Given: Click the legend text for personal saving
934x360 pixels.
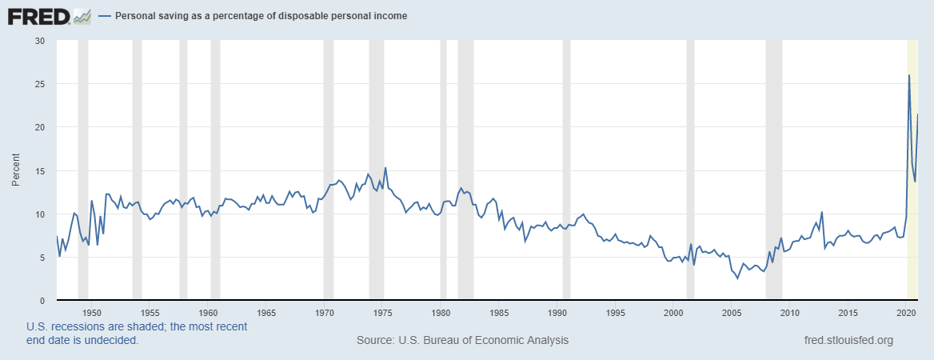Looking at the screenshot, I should point(261,16).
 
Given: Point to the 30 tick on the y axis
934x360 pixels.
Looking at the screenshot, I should point(40,41).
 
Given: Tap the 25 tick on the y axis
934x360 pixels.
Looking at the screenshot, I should point(40,84).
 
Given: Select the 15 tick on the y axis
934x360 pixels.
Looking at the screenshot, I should point(40,171).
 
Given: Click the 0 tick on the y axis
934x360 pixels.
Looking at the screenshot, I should point(42,301).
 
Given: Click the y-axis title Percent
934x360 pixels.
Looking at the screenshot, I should point(16,170).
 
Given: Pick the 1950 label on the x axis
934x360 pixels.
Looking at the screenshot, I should point(91,312).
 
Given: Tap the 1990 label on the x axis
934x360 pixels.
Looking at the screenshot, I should point(557,312).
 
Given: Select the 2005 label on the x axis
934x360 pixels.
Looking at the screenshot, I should point(732,312).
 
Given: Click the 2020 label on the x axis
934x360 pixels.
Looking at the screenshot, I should point(907,312).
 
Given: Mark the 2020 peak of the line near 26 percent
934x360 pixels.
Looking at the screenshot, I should point(909,75).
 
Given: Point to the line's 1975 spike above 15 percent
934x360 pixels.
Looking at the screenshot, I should point(385,168).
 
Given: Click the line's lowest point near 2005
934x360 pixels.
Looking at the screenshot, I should point(737,278).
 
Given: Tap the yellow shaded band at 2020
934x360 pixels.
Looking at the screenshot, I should point(912,200).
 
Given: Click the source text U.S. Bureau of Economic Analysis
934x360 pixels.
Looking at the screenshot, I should point(462,340).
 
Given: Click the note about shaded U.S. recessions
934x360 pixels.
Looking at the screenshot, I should point(136,334).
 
